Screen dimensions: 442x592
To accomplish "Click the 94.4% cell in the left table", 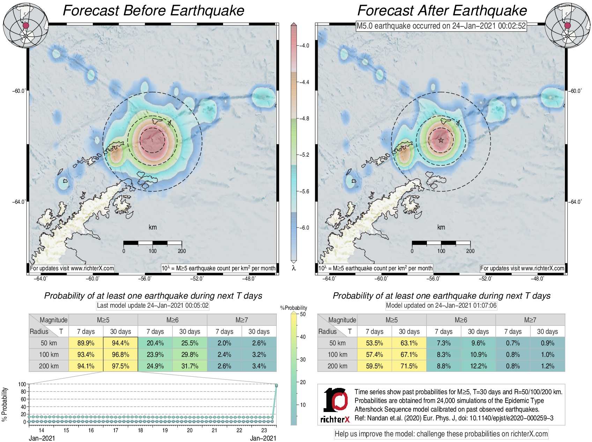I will [x=120, y=343].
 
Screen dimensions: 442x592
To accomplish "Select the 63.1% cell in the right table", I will [x=409, y=343].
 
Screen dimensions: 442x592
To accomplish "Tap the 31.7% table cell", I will [x=190, y=366].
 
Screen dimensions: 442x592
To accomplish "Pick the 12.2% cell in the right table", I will [x=478, y=366].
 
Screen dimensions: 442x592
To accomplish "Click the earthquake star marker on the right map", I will [x=441, y=140].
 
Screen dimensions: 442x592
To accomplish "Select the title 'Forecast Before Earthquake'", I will [x=153, y=11].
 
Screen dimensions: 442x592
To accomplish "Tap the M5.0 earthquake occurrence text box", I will [x=441, y=26].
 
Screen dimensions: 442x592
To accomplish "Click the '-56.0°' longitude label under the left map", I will [x=145, y=278].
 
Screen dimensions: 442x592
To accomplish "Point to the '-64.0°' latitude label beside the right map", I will [x=575, y=202].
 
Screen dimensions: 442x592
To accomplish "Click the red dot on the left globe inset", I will [x=26, y=25].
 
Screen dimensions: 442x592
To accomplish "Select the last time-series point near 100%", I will [x=276, y=385].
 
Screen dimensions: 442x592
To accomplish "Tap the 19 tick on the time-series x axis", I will [x=165, y=430].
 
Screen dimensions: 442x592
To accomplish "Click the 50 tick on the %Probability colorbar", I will [x=303, y=314].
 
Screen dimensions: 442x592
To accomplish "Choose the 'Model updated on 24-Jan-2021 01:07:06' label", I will [x=441, y=305].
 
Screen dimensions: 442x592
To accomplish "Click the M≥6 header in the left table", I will [x=172, y=320].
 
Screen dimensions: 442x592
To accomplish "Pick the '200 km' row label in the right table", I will [x=337, y=366].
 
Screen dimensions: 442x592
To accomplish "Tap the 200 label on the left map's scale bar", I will [x=182, y=251].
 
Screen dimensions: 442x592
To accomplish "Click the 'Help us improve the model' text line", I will [x=441, y=434].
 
